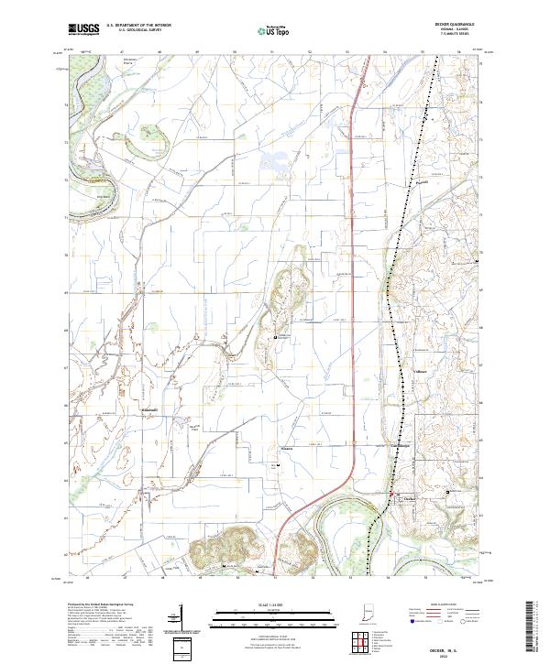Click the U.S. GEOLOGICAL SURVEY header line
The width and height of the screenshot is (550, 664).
137,30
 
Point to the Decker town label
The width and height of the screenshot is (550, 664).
411,498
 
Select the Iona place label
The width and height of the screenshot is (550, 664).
286,449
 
